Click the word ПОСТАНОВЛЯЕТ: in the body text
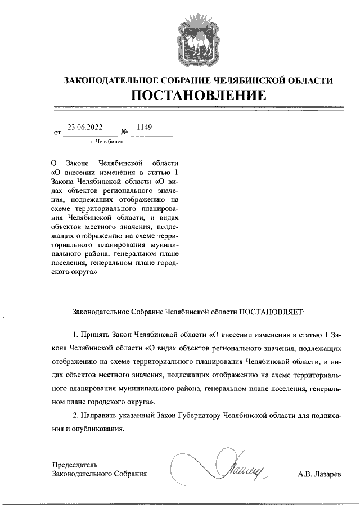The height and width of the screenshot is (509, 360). pyautogui.click(x=272, y=310)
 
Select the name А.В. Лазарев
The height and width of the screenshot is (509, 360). pyautogui.click(x=319, y=474)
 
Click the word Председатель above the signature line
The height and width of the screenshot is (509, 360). pyautogui.click(x=75, y=465)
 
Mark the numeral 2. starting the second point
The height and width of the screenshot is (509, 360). pyautogui.click(x=77, y=415)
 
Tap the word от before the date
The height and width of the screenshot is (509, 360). pyautogui.click(x=57, y=133)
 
